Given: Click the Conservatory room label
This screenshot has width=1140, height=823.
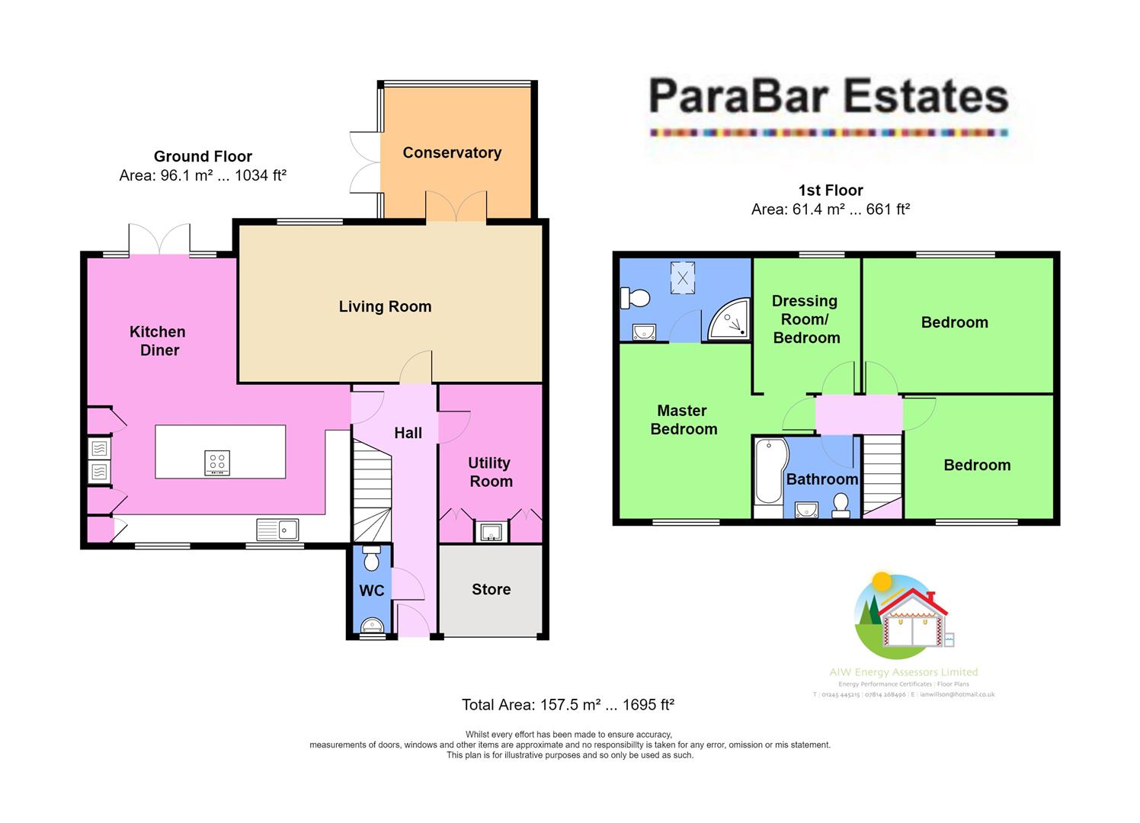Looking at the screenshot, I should click(x=452, y=152).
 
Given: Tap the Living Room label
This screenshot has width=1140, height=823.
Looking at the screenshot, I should click(x=385, y=306).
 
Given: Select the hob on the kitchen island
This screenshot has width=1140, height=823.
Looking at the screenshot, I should click(x=217, y=463).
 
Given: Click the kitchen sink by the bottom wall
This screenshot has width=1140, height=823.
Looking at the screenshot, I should click(x=277, y=529).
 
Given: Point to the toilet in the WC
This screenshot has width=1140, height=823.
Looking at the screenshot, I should click(x=372, y=559).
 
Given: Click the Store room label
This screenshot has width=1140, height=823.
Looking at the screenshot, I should click(x=491, y=589).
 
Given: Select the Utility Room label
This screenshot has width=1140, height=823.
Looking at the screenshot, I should click(x=490, y=472).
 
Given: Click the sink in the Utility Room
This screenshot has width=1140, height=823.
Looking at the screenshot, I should click(x=488, y=531).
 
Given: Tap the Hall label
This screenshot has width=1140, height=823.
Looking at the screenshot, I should click(x=408, y=433).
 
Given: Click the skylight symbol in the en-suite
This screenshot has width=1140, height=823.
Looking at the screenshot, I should click(x=683, y=278).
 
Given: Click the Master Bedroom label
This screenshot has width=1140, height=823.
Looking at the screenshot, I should click(x=683, y=420).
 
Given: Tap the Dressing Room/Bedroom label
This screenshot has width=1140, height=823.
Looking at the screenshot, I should click(x=805, y=319).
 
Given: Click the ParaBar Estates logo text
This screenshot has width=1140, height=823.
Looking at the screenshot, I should click(x=828, y=98).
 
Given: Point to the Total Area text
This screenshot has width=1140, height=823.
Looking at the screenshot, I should click(x=568, y=705).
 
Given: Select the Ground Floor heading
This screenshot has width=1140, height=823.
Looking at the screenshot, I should click(x=203, y=156).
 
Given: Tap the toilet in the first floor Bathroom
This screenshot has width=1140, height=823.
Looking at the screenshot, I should click(x=841, y=505).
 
